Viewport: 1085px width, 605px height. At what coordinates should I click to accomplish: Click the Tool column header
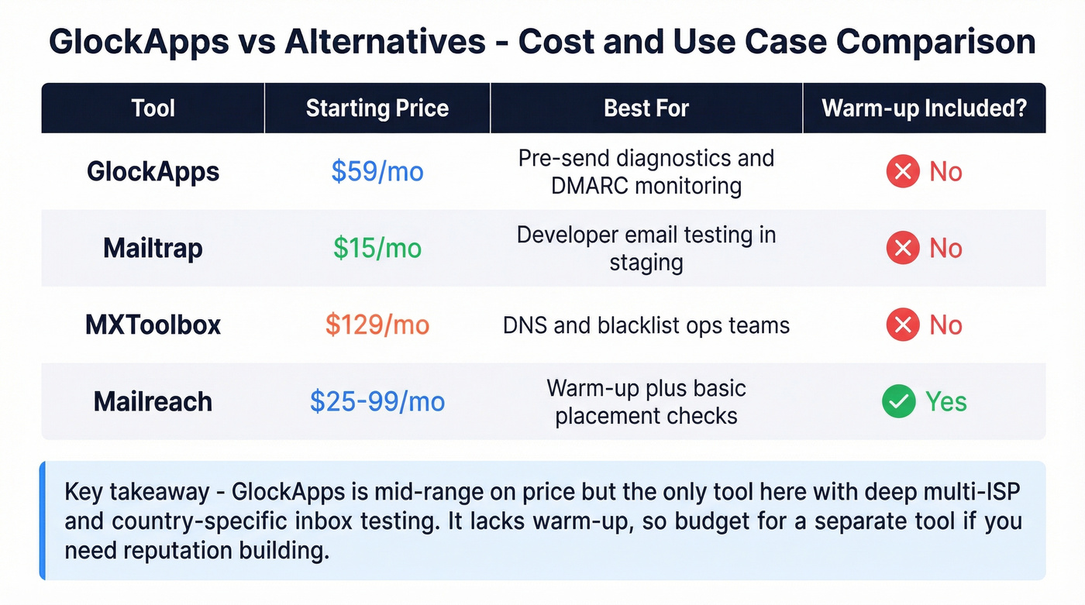(x=153, y=108)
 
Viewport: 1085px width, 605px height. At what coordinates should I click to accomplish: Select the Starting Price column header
(x=377, y=108)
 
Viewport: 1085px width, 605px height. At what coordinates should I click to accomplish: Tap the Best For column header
(x=646, y=108)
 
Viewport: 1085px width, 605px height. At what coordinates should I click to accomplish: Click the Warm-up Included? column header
(x=924, y=108)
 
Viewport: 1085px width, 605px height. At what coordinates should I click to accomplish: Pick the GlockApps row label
(x=153, y=171)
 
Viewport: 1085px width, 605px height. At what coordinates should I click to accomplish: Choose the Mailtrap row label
(x=153, y=248)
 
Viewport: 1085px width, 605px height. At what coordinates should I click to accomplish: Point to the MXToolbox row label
(x=153, y=325)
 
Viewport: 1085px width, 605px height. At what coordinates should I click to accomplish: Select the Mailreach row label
(x=153, y=401)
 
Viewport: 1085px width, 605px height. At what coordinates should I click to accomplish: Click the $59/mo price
(x=377, y=171)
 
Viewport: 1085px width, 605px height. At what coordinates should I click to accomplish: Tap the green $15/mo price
(x=377, y=248)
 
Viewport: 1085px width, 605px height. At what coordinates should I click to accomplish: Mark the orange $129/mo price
(x=377, y=325)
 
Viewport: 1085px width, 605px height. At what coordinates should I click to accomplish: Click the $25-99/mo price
(x=377, y=401)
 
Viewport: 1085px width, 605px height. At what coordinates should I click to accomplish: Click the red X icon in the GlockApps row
(x=903, y=171)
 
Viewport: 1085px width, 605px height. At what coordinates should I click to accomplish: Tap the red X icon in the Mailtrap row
(x=903, y=248)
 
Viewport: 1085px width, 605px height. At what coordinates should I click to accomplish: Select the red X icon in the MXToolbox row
(x=903, y=325)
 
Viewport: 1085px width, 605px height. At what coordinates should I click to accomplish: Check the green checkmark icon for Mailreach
(x=899, y=401)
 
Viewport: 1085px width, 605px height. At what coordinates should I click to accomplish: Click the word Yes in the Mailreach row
(x=945, y=401)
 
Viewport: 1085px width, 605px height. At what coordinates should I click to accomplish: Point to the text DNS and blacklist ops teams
(x=646, y=325)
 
